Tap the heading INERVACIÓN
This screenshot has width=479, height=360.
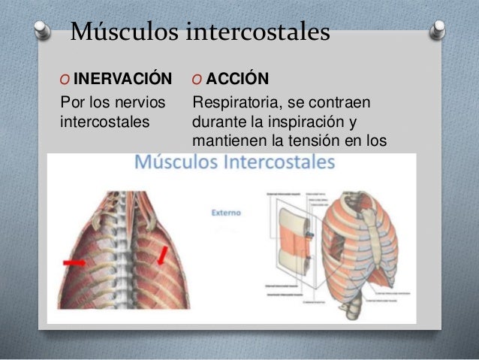[x=123, y=79]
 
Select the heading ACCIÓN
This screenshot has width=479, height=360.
[x=238, y=79]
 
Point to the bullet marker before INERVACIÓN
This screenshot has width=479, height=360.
[x=63, y=80]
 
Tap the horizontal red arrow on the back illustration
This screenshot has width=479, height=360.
[x=74, y=263]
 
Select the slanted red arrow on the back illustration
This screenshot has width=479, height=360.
[x=161, y=258]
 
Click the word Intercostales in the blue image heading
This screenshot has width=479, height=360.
[x=278, y=162]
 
